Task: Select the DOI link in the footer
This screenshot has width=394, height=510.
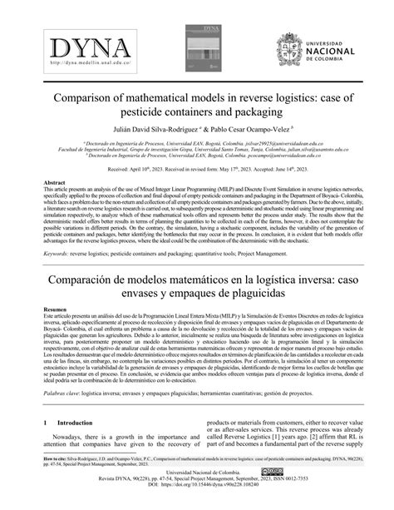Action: [206, 504]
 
